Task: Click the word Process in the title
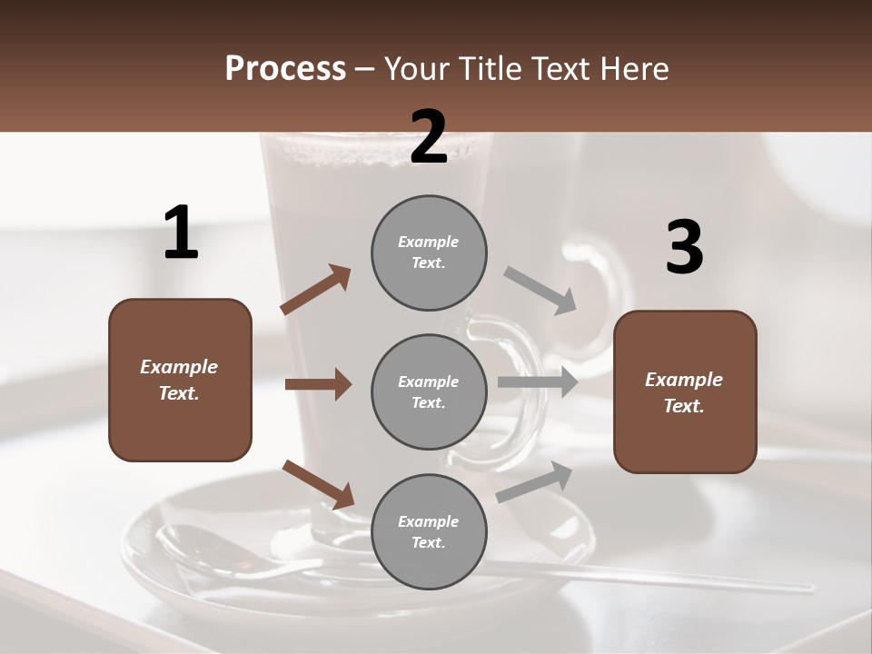point(285,68)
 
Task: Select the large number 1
point(181,233)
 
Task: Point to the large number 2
point(429,137)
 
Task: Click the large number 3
point(684,248)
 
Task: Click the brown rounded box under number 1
point(180,380)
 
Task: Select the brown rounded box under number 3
point(685,391)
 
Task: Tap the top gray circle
point(429,253)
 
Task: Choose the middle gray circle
point(429,391)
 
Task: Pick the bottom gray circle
point(429,531)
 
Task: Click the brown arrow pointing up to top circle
point(316,290)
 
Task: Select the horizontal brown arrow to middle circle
point(318,384)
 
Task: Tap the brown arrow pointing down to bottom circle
point(318,483)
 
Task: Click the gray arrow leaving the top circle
point(540,290)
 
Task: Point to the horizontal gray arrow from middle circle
point(537,381)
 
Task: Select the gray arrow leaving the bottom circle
point(534,481)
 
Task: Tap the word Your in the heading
point(415,68)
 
